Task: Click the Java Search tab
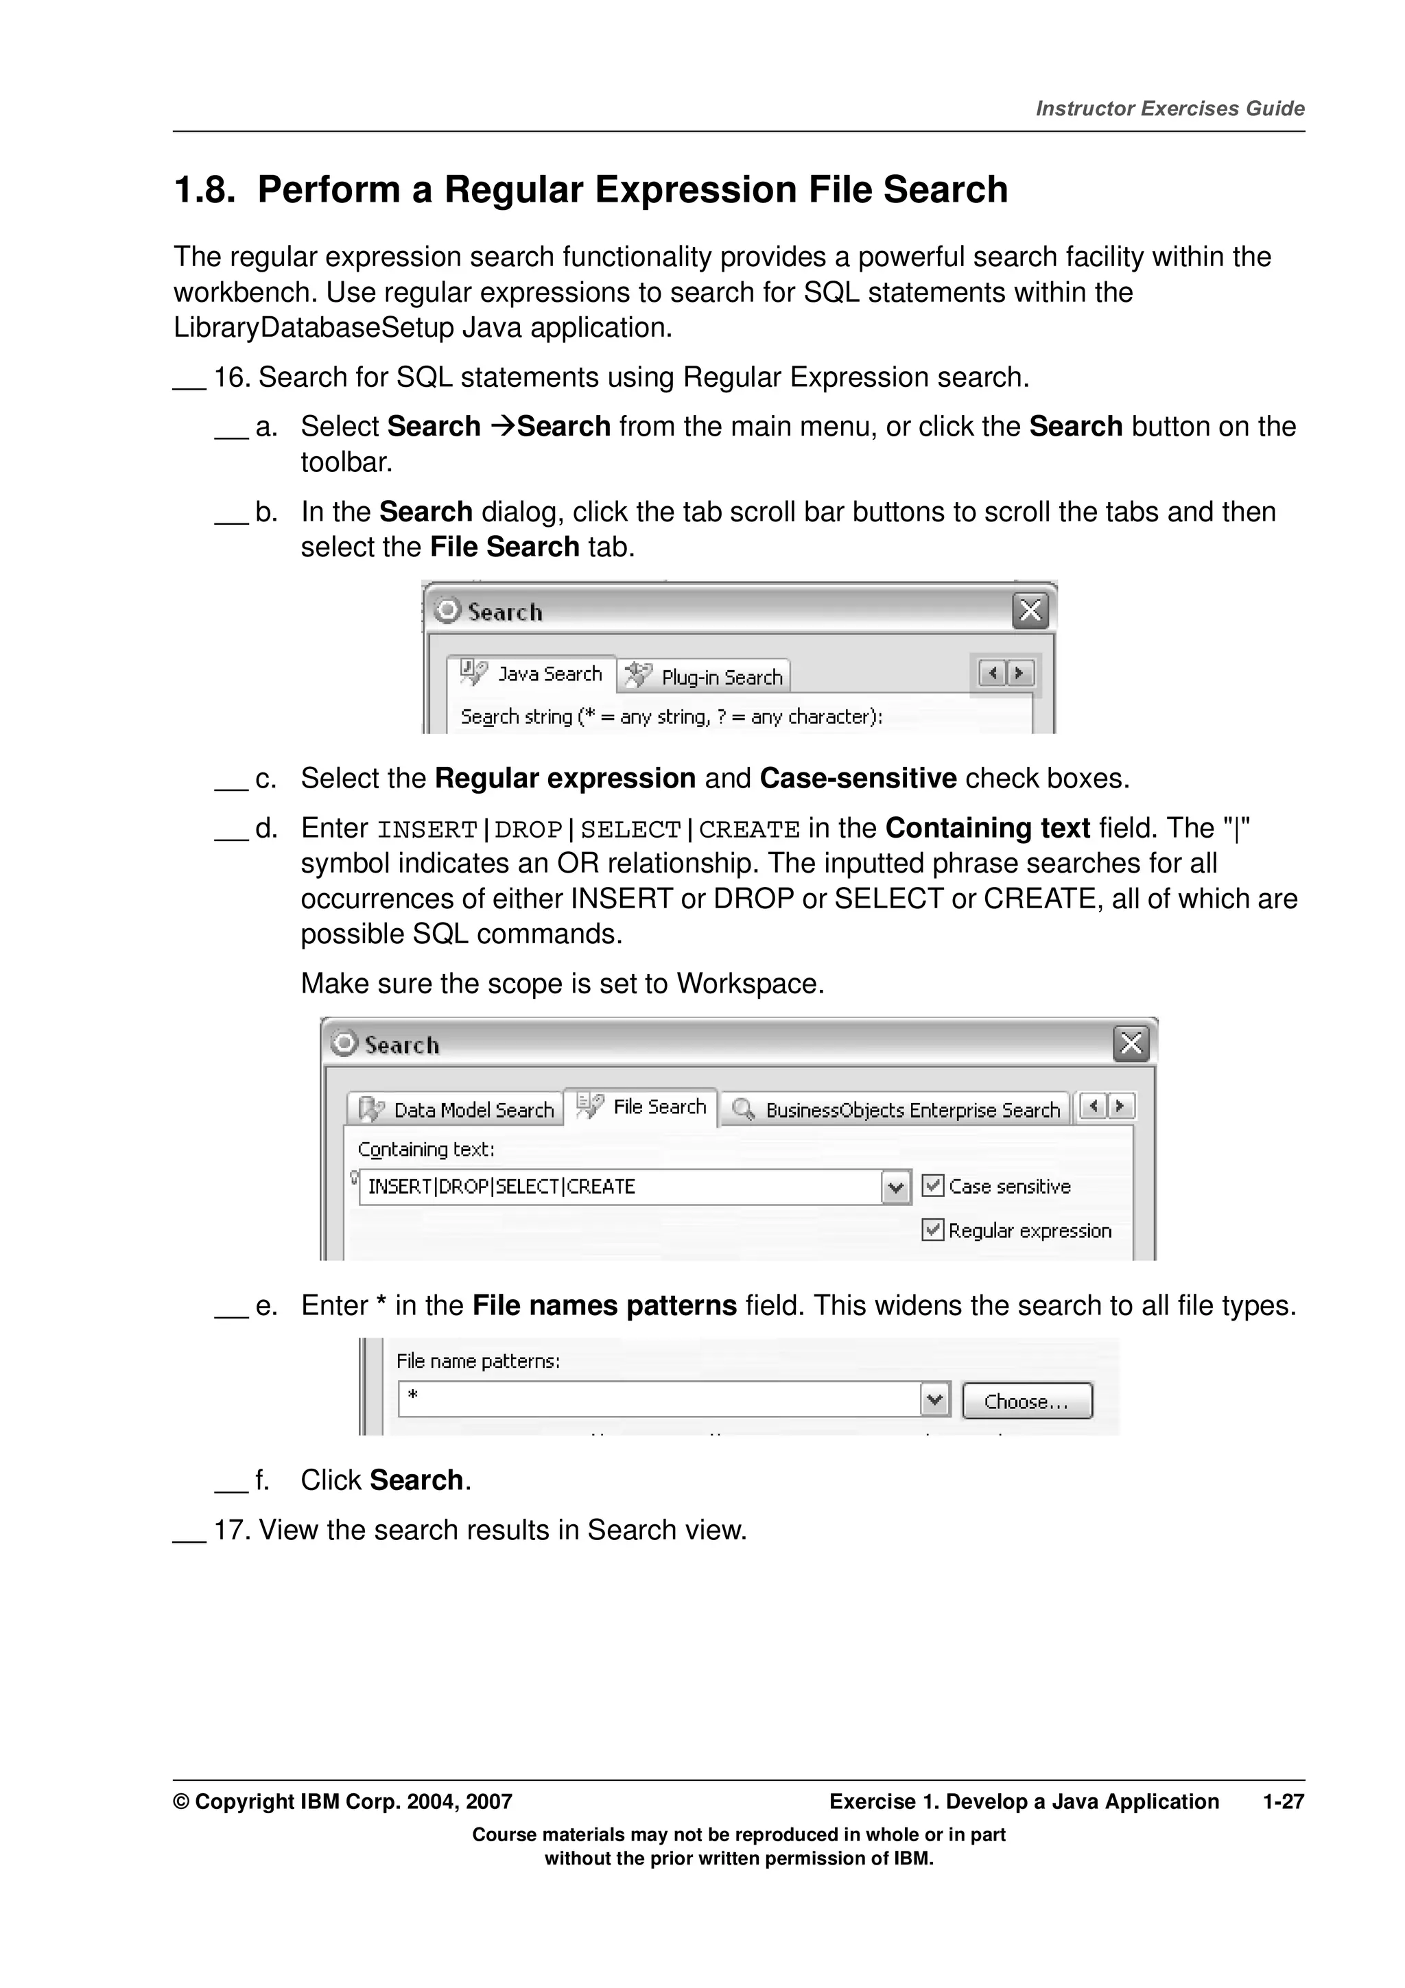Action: tap(532, 674)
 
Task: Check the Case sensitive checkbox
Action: tap(932, 1185)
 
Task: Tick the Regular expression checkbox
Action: tap(932, 1229)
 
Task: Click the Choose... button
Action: tap(1027, 1401)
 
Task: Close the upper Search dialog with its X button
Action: tap(1029, 611)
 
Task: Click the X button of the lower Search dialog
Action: tap(1131, 1043)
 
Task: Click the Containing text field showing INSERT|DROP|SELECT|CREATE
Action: tap(619, 1186)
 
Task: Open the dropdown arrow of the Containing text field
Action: tap(896, 1186)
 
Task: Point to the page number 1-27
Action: tap(1283, 1802)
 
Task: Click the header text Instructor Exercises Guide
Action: tap(1170, 109)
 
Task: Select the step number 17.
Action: tap(231, 1530)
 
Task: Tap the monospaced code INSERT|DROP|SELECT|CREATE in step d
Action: tap(589, 829)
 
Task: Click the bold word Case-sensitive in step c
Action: tap(857, 779)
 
